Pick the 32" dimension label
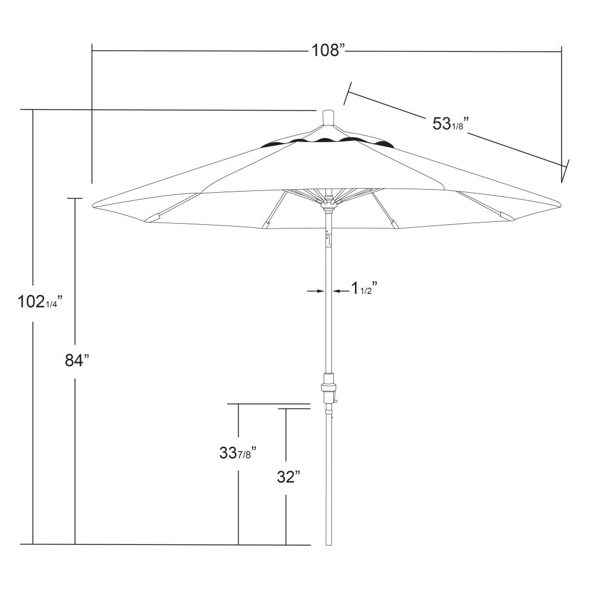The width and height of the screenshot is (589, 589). point(288,477)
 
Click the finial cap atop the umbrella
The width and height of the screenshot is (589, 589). point(328,117)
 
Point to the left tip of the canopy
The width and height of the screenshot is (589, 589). point(94,206)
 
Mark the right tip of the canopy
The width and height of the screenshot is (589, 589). point(561,202)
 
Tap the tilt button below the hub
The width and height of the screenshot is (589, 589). point(328,239)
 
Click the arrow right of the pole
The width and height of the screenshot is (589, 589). point(339,290)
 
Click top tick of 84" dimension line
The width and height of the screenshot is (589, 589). point(75,198)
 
